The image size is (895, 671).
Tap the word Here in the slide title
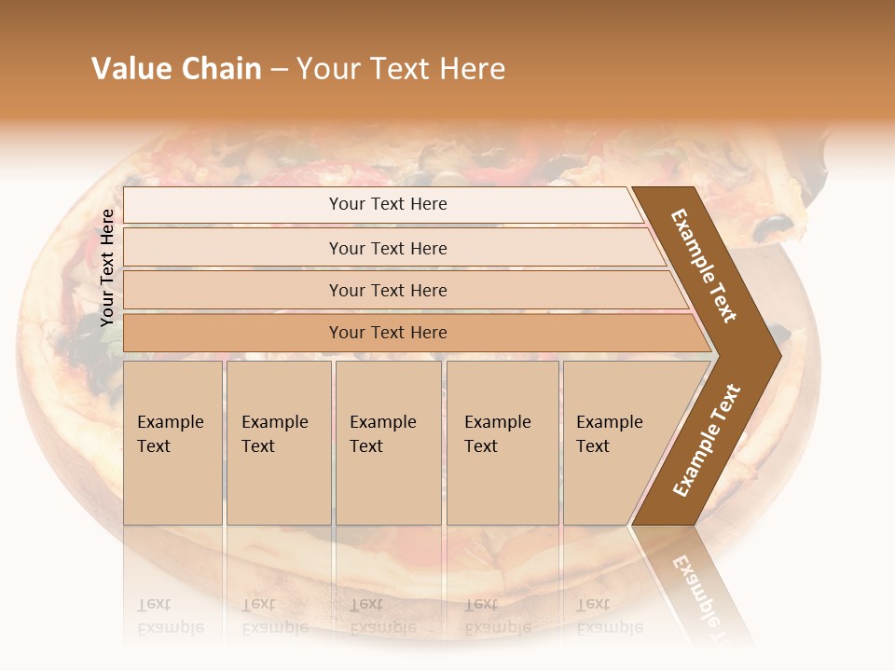[472, 69]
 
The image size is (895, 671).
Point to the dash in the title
[279, 70]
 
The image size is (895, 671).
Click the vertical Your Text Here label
[107, 267]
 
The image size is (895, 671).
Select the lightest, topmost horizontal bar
[387, 204]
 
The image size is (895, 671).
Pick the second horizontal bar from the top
[387, 248]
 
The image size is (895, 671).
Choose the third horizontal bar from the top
[387, 290]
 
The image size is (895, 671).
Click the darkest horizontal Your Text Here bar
[387, 333]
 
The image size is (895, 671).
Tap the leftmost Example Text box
[172, 442]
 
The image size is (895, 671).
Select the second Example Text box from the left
[279, 442]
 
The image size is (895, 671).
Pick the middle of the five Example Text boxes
[388, 442]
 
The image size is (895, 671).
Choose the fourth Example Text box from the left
[503, 442]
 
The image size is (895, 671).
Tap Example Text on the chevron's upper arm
[705, 266]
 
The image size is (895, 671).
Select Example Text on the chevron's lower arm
[706, 440]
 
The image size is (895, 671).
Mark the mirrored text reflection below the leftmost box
[170, 616]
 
